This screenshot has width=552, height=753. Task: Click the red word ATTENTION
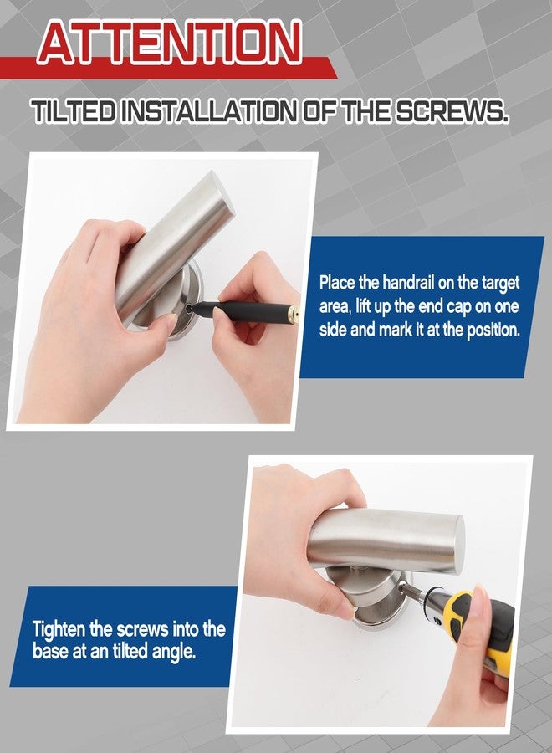click(x=170, y=44)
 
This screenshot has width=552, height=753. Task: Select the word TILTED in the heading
click(x=74, y=111)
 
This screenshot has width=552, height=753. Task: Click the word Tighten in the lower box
click(x=59, y=629)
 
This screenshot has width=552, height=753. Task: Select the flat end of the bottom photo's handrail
click(x=458, y=543)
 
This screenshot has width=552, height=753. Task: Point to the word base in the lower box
click(x=50, y=652)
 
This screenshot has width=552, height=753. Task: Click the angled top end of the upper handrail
click(x=220, y=192)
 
